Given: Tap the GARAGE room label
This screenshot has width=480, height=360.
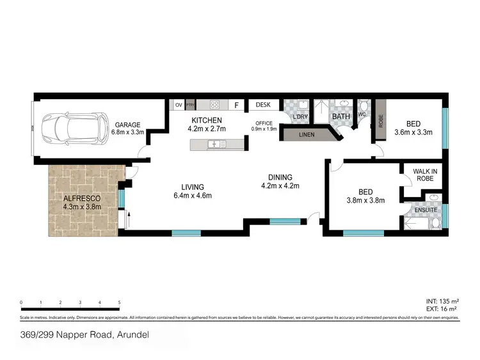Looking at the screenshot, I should (x=127, y=125).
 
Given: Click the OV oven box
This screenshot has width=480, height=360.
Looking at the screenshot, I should (x=178, y=105).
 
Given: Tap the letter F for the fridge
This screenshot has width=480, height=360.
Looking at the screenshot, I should (x=236, y=106).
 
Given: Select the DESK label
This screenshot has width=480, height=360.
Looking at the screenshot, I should (x=263, y=105).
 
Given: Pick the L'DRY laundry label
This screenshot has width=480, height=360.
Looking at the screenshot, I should (x=300, y=116).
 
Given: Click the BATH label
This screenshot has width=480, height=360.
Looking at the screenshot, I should (x=340, y=116).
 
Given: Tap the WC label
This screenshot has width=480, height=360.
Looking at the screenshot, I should (x=362, y=114).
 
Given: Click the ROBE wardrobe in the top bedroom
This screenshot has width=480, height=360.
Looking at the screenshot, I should (x=380, y=120).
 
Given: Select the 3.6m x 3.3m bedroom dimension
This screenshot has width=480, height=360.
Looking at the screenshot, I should (x=413, y=132).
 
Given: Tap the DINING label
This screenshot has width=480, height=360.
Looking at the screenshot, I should (x=280, y=177).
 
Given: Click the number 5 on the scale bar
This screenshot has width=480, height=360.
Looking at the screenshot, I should (x=120, y=302).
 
